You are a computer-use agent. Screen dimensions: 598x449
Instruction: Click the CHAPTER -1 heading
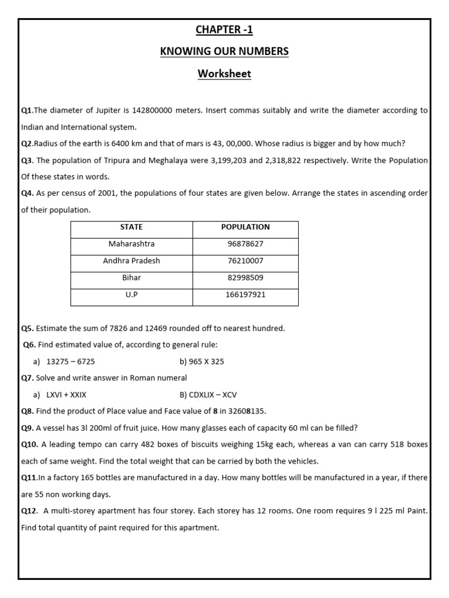point(224,30)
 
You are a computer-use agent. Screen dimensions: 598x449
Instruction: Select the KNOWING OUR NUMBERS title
point(224,51)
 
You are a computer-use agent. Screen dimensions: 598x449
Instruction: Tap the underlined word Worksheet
point(224,74)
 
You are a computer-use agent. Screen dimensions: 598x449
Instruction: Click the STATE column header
point(132,227)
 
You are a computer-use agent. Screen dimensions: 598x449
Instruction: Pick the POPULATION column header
point(246,227)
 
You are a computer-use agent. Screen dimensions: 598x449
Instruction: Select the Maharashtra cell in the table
point(132,244)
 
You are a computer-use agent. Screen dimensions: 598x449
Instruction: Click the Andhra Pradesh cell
point(132,261)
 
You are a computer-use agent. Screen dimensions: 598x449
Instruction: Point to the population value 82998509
point(246,278)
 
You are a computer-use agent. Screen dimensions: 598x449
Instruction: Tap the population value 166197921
point(246,295)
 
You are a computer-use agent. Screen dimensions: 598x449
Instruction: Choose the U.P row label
point(132,295)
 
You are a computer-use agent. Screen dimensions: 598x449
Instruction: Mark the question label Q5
point(27,328)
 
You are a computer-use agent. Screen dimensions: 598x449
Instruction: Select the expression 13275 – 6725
point(70,361)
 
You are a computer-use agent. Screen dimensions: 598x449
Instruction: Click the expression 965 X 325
point(202,361)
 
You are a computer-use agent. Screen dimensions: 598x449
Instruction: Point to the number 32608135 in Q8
point(241,411)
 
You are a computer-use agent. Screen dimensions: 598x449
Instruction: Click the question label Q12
point(29,511)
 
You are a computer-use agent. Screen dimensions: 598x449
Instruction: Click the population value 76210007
point(246,261)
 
